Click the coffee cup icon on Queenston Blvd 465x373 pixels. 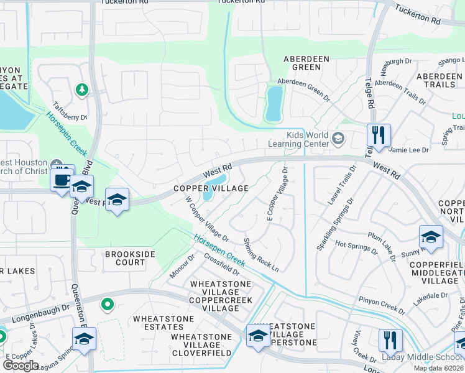pyautogui.click(x=62, y=180)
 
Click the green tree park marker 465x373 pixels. pyautogui.click(x=82, y=90)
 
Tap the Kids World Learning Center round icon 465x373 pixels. pyautogui.click(x=338, y=138)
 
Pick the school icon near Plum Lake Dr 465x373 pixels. pyautogui.click(x=431, y=236)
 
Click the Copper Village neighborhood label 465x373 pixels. pyautogui.click(x=211, y=188)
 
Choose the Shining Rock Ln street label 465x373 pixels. pyautogui.click(x=260, y=255)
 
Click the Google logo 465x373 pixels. pyautogui.click(x=21, y=366)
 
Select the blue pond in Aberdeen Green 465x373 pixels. pyautogui.click(x=274, y=103)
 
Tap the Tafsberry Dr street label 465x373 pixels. pyautogui.click(x=70, y=111)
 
